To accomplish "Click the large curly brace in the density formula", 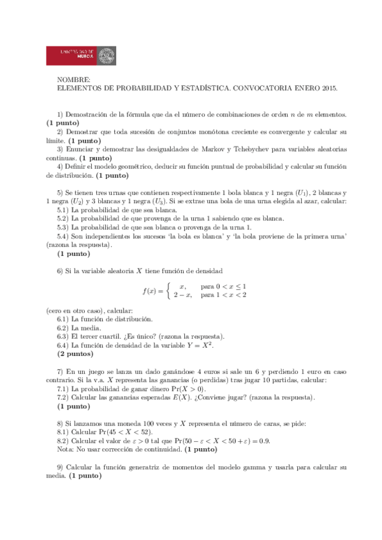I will pos(168,291).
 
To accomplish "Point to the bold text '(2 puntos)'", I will pos(75,353).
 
